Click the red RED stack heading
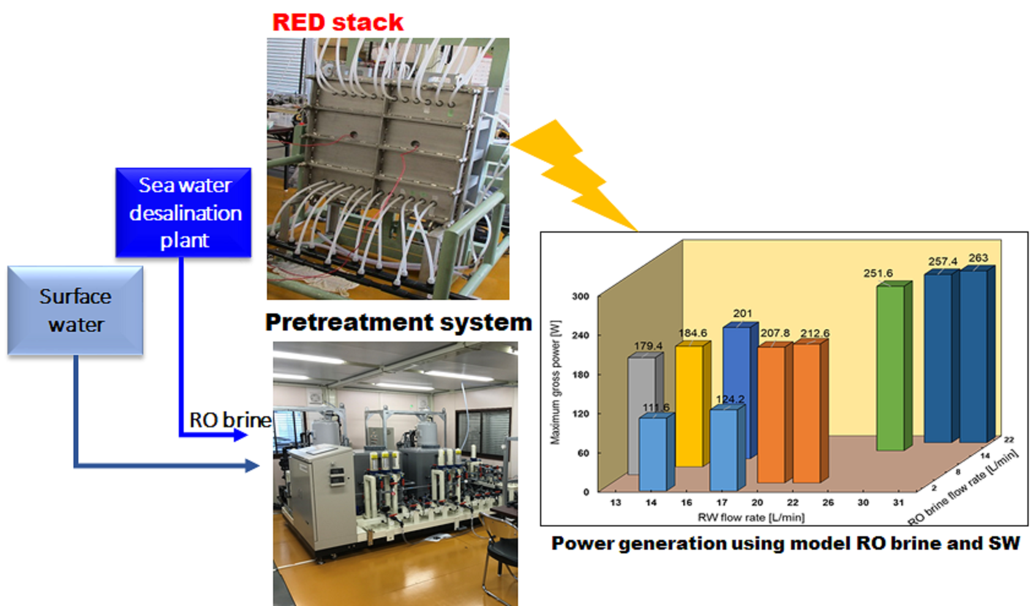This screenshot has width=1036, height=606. coord(337,23)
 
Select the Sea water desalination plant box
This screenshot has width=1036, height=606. coord(184,212)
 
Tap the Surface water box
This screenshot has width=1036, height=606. coord(75,310)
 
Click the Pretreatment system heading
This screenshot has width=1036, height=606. coord(398,322)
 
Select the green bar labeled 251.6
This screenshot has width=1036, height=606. coord(891,367)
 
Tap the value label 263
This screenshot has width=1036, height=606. coord(978,258)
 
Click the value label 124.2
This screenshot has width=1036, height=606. coord(730,399)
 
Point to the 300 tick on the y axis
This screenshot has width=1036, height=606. coord(580,296)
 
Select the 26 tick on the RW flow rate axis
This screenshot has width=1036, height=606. coord(828,502)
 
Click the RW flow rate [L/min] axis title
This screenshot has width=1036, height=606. coord(751,517)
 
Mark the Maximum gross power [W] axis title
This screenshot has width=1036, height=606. coord(555,382)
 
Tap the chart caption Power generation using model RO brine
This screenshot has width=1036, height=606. coord(785,543)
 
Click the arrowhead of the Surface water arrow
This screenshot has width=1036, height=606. coord(252,466)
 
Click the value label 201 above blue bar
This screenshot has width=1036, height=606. coord(742,313)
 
